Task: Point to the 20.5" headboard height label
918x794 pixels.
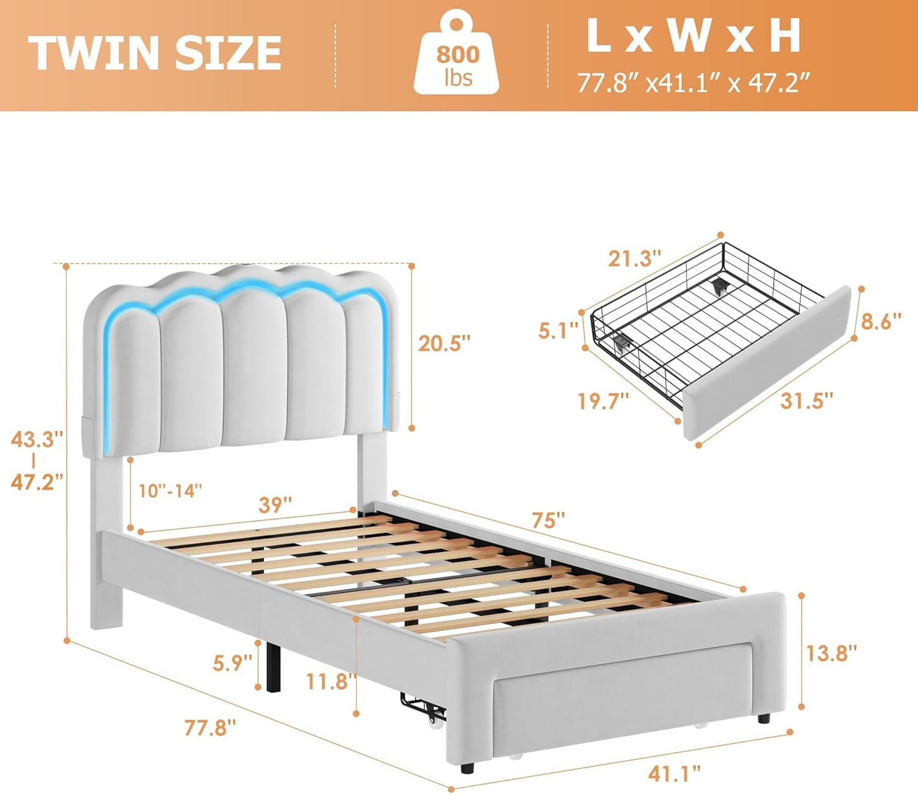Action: click(444, 344)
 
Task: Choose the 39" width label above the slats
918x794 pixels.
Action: click(275, 505)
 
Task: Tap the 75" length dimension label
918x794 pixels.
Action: click(548, 520)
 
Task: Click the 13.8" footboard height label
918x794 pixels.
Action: click(831, 652)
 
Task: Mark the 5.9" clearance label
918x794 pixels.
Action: click(233, 663)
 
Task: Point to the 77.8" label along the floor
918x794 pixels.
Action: click(210, 727)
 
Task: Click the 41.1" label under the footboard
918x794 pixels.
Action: click(674, 773)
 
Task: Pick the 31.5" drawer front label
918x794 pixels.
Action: click(806, 401)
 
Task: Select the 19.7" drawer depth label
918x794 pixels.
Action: click(603, 401)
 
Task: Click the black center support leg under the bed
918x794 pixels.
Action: click(274, 667)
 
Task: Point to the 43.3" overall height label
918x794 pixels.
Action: click(37, 439)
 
